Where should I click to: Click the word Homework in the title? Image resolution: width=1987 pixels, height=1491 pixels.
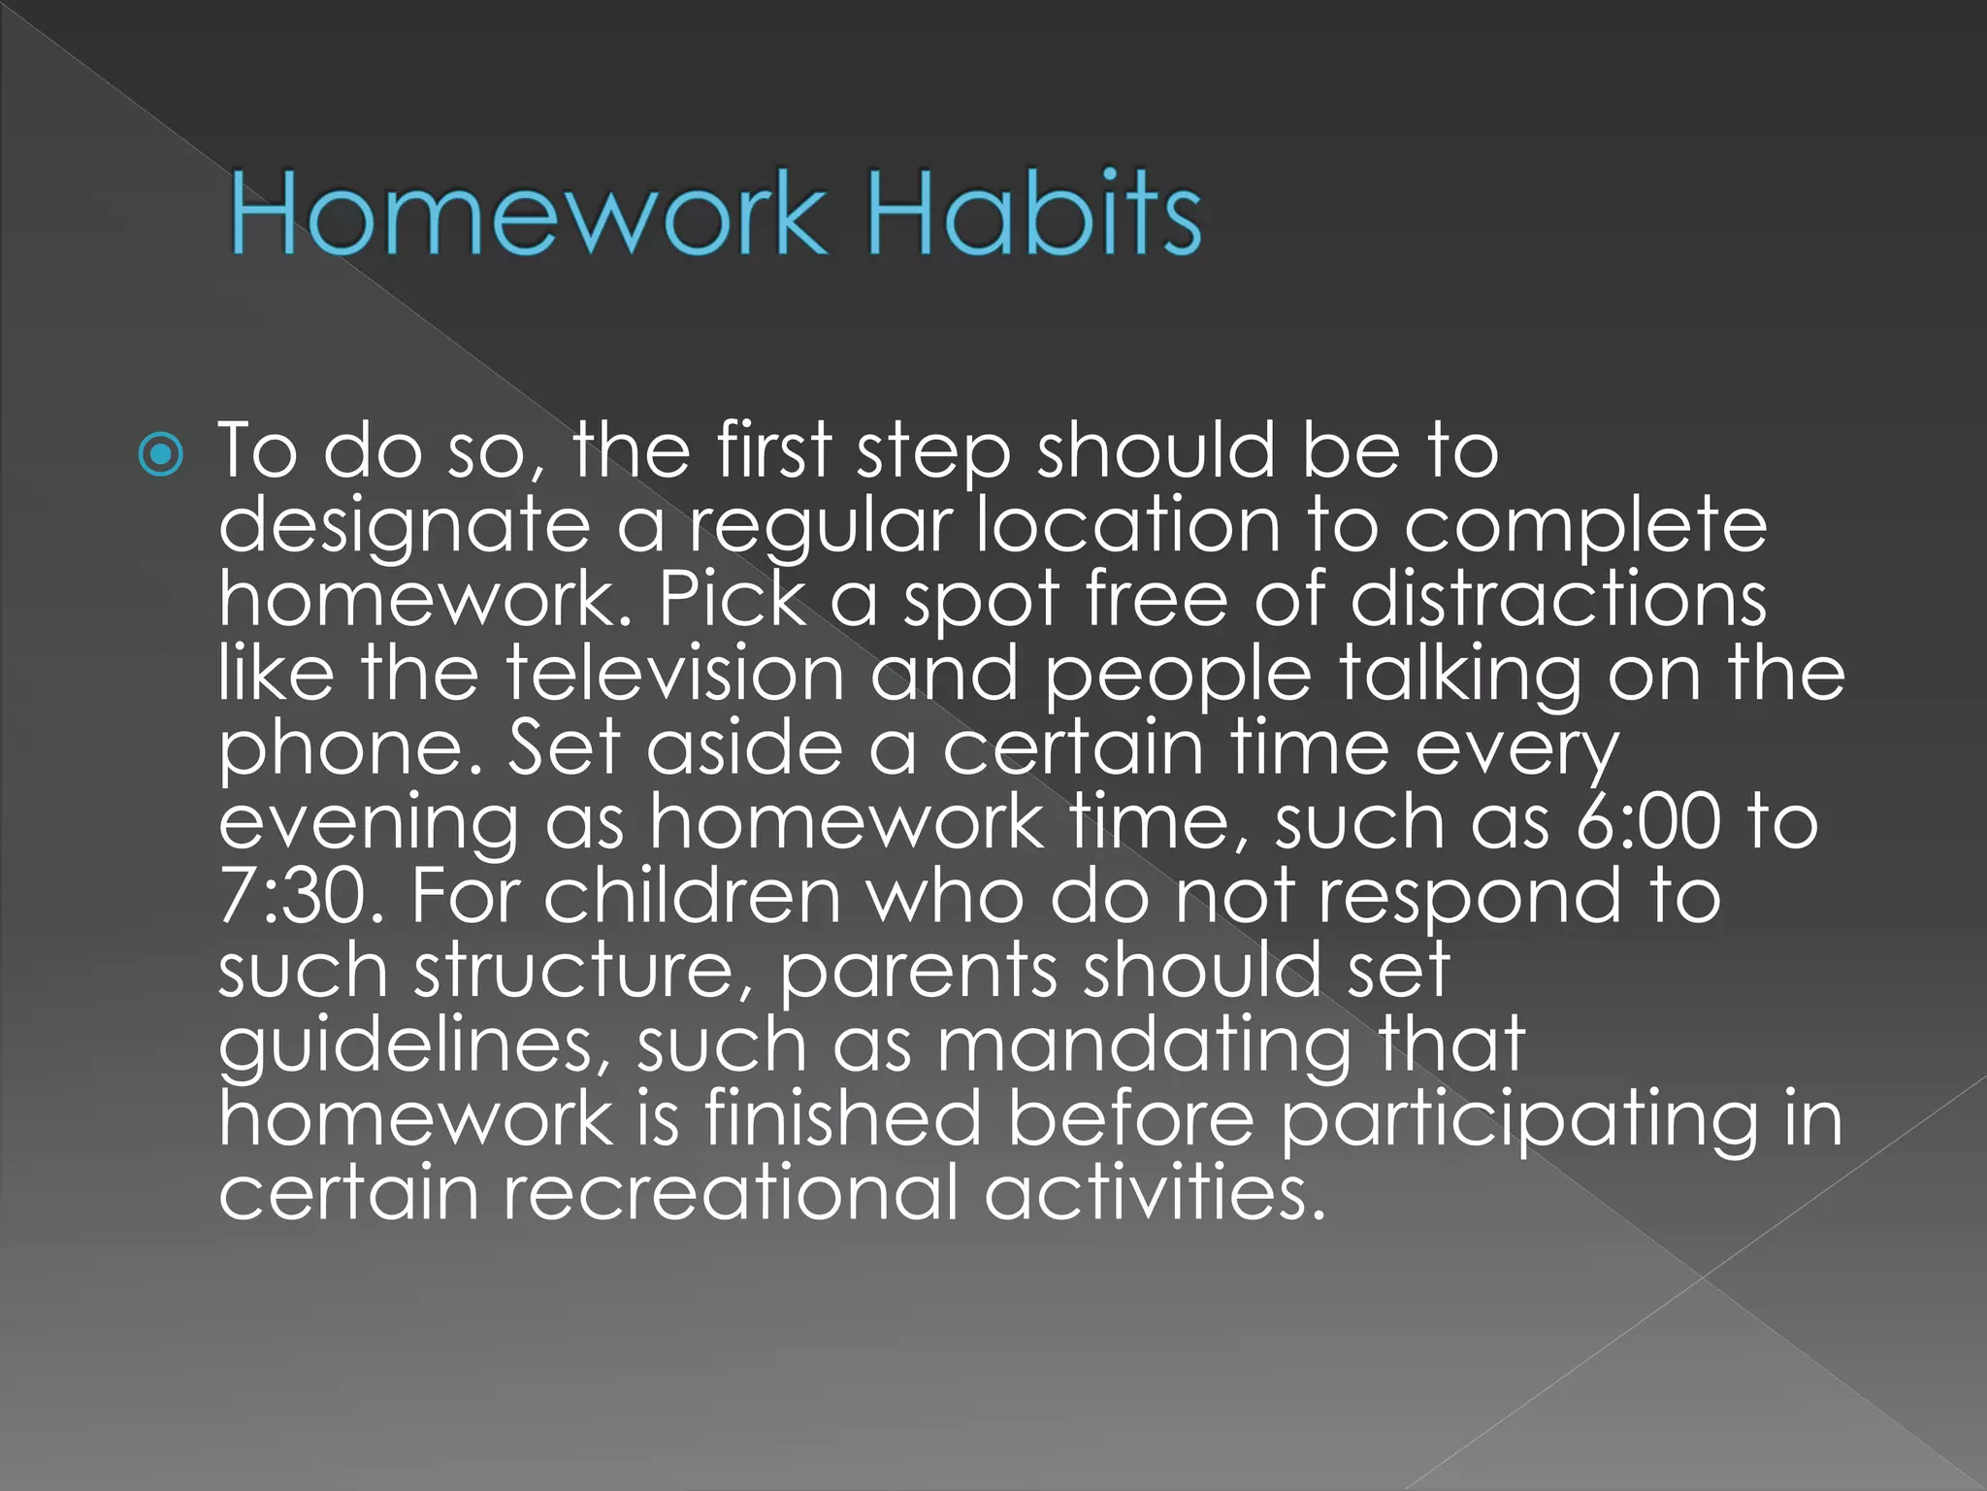pyautogui.click(x=529, y=213)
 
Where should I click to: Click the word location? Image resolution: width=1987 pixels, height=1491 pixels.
pyautogui.click(x=1128, y=525)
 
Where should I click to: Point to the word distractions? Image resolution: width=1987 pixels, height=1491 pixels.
pyautogui.click(x=1558, y=599)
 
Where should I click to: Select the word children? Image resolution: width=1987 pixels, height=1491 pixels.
pyautogui.click(x=692, y=895)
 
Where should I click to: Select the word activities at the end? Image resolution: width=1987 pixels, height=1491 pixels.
pyautogui.click(x=1155, y=1192)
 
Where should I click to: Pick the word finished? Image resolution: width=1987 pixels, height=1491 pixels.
pyautogui.click(x=843, y=1118)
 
